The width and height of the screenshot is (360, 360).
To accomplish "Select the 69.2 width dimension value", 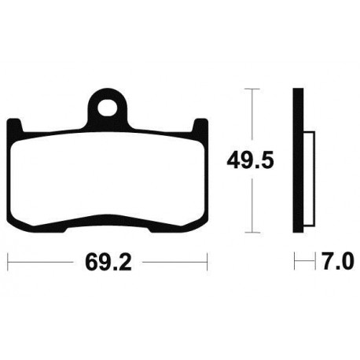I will pyautogui.click(x=106, y=259).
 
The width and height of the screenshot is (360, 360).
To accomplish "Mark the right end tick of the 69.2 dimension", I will pyautogui.click(x=206, y=259).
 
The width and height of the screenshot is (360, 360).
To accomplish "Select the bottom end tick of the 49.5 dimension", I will pyautogui.click(x=251, y=233).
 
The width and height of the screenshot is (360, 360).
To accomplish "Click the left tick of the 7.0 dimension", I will pyautogui.click(x=296, y=259).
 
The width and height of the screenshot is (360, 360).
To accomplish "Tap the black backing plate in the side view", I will pyautogui.click(x=297, y=161).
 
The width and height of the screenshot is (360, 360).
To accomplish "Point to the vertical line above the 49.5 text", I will pyautogui.click(x=251, y=118).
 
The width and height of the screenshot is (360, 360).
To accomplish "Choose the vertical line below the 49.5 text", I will pyautogui.click(x=251, y=204).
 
